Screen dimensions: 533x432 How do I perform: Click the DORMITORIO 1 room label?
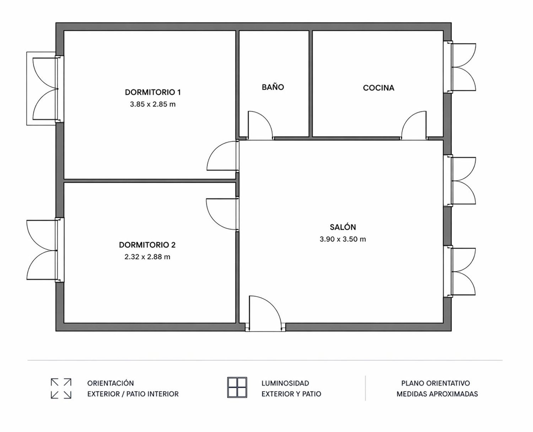[153, 92]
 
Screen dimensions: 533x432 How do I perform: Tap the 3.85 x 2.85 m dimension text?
[153, 104]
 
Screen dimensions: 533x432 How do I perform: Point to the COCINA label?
[378, 88]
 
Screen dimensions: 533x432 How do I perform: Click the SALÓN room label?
[343, 227]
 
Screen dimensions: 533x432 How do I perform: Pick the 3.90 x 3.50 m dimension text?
[343, 239]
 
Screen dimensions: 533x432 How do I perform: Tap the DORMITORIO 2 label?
[147, 245]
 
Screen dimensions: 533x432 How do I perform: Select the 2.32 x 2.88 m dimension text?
[147, 257]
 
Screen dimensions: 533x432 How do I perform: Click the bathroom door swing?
[260, 125]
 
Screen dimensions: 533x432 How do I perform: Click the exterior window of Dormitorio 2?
[45, 250]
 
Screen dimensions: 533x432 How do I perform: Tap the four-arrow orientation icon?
[61, 388]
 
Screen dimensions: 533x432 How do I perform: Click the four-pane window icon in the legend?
[237, 387]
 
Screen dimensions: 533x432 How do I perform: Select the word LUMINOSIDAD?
[285, 383]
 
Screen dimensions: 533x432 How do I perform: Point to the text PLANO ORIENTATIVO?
[436, 383]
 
